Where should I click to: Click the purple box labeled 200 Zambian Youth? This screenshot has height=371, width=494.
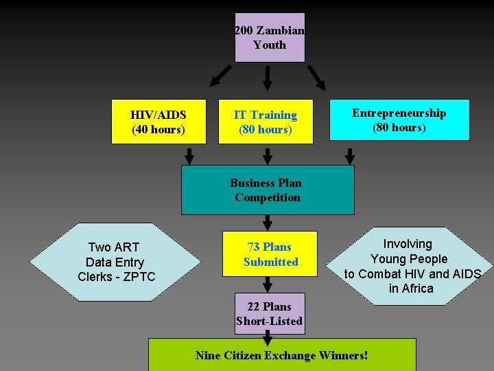pyautogui.click(x=270, y=38)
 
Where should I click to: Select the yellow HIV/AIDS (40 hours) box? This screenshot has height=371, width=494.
pyautogui.click(x=158, y=122)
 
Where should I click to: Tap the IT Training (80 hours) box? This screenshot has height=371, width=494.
pyautogui.click(x=266, y=122)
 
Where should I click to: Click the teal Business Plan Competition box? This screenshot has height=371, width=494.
pyautogui.click(x=268, y=190)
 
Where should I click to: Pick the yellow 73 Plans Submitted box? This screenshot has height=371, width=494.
pyautogui.click(x=270, y=254)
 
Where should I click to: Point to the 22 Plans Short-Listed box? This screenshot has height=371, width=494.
pyautogui.click(x=270, y=314)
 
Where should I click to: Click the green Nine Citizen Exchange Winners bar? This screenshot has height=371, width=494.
pyautogui.click(x=282, y=355)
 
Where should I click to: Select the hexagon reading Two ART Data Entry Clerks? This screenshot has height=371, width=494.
pyautogui.click(x=115, y=262)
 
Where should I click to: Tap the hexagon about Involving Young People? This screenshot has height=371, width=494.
pyautogui.click(x=409, y=266)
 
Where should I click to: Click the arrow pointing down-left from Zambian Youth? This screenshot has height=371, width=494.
pyautogui.click(x=220, y=76)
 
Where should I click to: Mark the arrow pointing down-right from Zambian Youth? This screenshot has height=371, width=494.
pyautogui.click(x=316, y=78)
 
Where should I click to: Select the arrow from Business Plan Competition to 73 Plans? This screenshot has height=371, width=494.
pyautogui.click(x=268, y=222)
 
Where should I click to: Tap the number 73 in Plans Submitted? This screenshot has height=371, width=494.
pyautogui.click(x=253, y=247)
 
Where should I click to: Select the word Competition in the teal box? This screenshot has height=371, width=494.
pyautogui.click(x=268, y=198)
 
